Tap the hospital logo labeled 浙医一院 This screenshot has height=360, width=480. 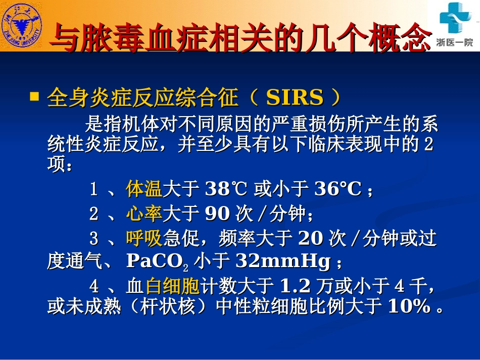[454, 25]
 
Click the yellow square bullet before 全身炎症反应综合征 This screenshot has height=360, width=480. [34, 96]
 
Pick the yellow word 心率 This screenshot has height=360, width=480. [143, 214]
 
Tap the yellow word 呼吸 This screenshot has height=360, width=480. [143, 238]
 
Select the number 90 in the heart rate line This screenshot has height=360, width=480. [218, 214]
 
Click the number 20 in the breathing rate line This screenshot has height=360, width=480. [311, 238]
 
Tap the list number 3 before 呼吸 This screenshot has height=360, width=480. [93, 238]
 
